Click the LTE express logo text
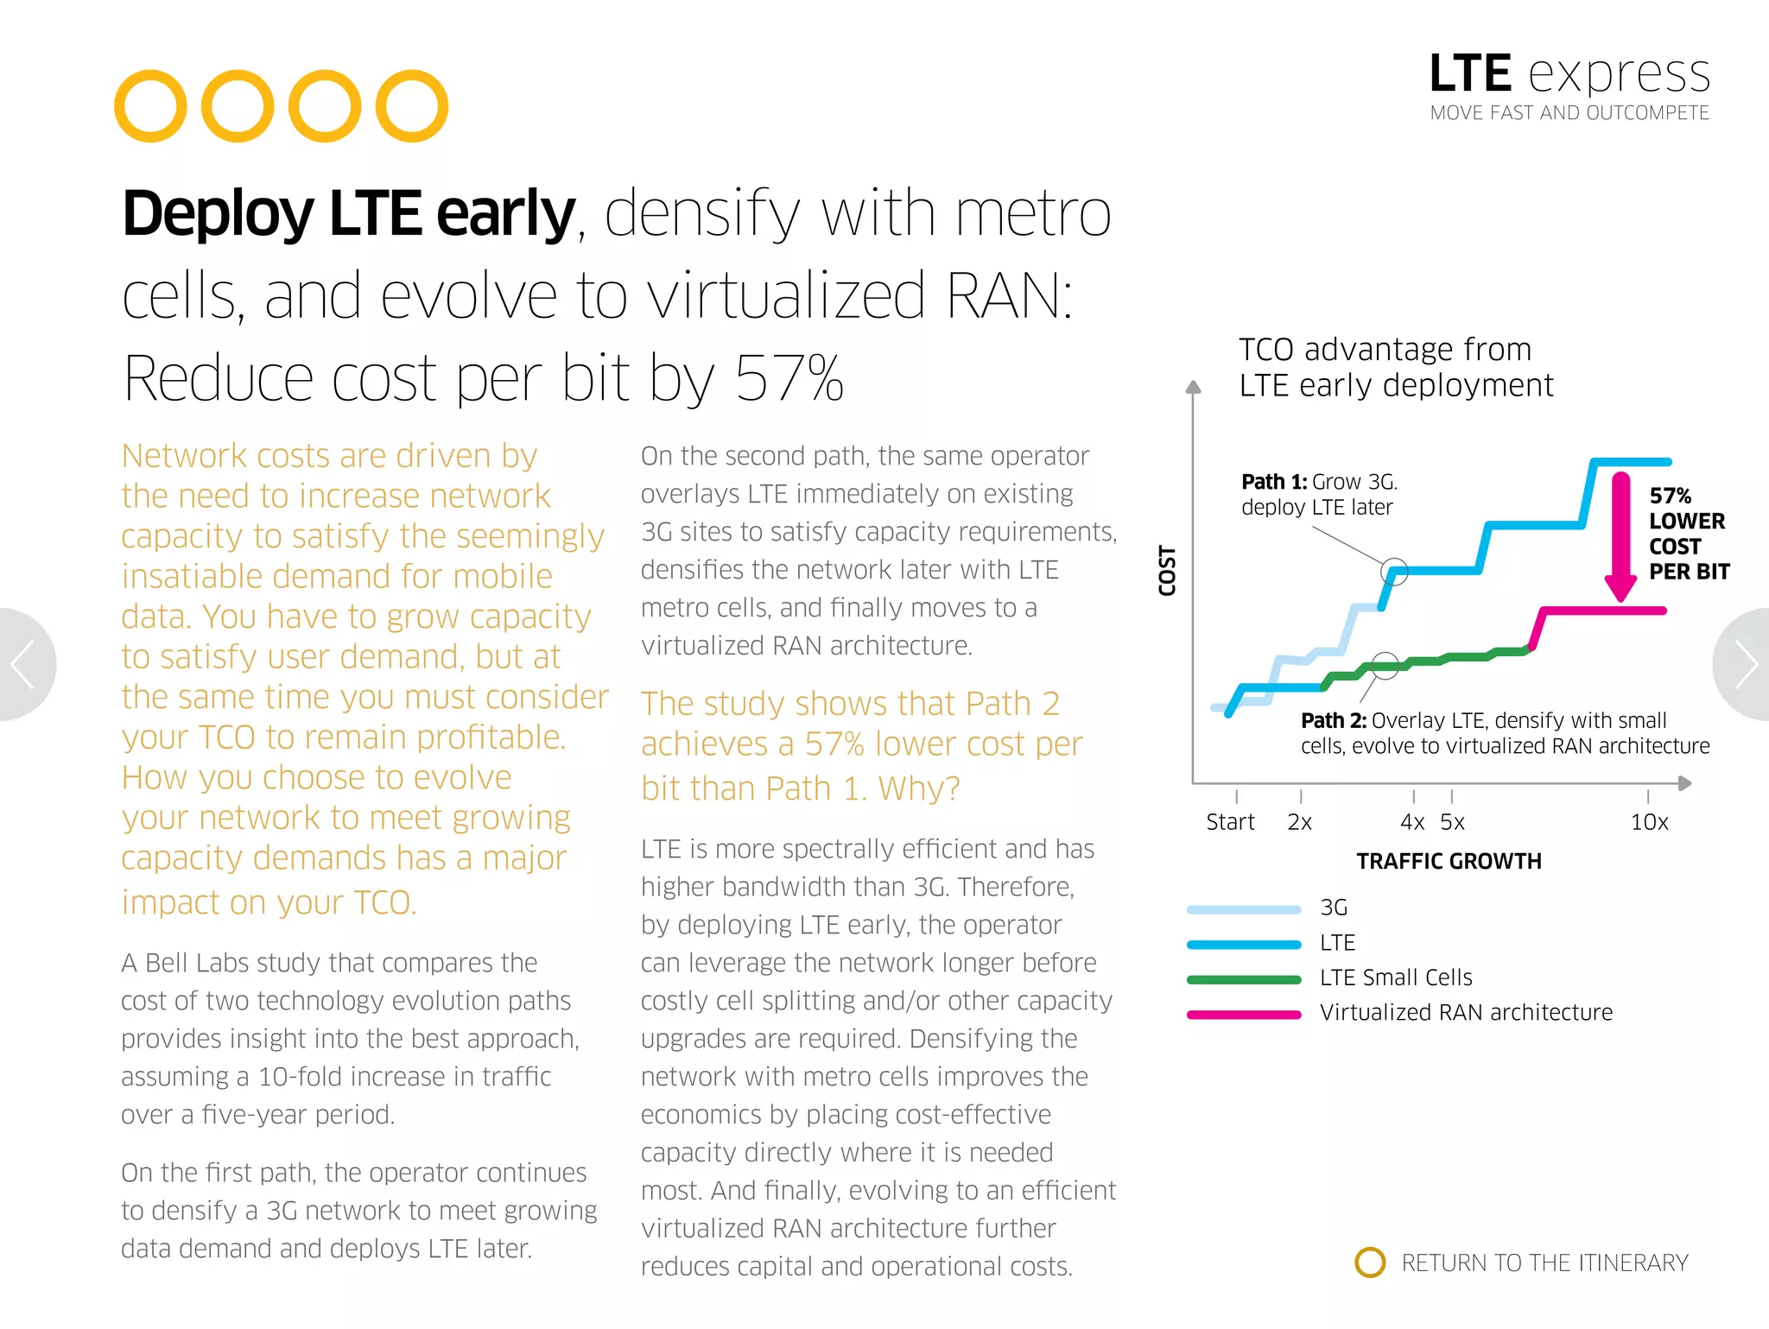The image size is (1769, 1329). click(x=1569, y=73)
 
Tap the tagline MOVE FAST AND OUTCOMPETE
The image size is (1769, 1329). click(x=1569, y=113)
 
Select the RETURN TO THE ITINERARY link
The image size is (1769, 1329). click(x=1544, y=1263)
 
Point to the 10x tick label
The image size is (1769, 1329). click(x=1648, y=822)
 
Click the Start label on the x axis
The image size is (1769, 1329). click(x=1230, y=822)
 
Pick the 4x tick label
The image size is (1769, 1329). click(x=1411, y=822)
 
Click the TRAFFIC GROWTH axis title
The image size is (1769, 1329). click(x=1449, y=861)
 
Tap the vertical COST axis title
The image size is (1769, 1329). click(x=1167, y=571)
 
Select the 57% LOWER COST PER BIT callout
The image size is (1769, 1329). click(x=1687, y=534)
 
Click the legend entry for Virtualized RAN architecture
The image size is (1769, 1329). click(x=1465, y=1012)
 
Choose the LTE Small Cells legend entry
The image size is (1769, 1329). click(x=1395, y=978)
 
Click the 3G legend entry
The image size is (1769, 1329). click(x=1333, y=908)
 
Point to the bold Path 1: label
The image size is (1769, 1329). click(x=1273, y=482)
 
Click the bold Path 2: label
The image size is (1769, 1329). click(x=1333, y=720)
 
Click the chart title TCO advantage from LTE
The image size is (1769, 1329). click(x=1394, y=367)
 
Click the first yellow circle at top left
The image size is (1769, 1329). click(x=150, y=106)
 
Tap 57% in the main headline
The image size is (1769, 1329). click(x=789, y=379)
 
